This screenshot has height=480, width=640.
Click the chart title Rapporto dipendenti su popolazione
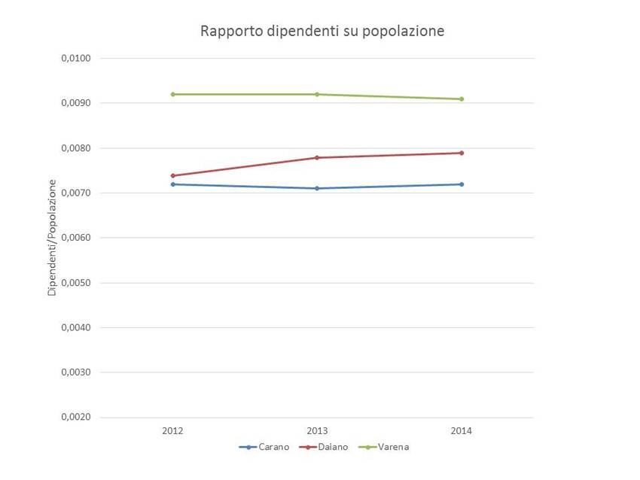pyautogui.click(x=322, y=32)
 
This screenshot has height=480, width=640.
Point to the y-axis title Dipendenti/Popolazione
pyautogui.click(x=53, y=237)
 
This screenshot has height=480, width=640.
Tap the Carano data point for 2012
pyautogui.click(x=173, y=184)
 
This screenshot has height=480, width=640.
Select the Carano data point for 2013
pyautogui.click(x=317, y=188)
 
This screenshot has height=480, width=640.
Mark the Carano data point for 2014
pyautogui.click(x=462, y=184)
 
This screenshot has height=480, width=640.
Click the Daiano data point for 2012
pyautogui.click(x=173, y=175)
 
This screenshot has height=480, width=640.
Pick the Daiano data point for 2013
pyautogui.click(x=317, y=158)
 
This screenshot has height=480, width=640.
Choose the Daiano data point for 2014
pyautogui.click(x=462, y=153)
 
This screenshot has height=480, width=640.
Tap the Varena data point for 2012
pyautogui.click(x=173, y=94)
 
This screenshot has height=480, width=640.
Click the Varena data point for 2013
pyautogui.click(x=317, y=94)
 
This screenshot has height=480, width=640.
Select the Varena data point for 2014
pyautogui.click(x=462, y=99)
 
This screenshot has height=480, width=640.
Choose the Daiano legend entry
pyautogui.click(x=325, y=447)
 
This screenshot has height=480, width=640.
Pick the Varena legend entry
pyautogui.click(x=388, y=447)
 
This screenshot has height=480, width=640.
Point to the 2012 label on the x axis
pyautogui.click(x=173, y=431)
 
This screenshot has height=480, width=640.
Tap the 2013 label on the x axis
pyautogui.click(x=317, y=431)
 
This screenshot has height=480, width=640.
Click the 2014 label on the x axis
pyautogui.click(x=462, y=431)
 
